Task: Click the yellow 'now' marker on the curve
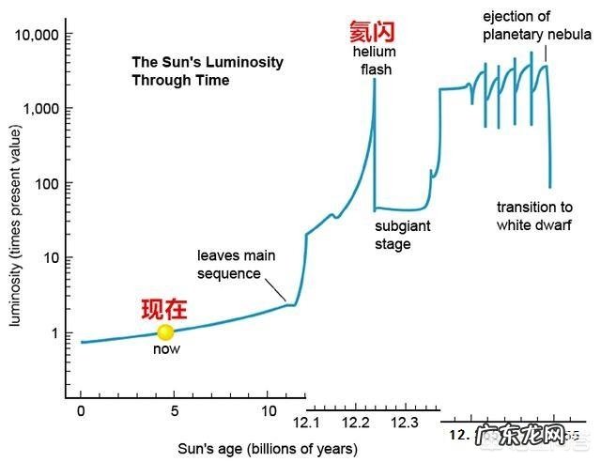[x=165, y=331]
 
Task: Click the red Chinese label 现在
[x=164, y=309]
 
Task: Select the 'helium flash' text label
[x=374, y=61]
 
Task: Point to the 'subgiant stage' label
[x=393, y=236]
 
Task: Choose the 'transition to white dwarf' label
[x=532, y=216]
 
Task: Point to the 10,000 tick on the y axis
[x=38, y=35]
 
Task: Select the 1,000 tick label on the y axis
[x=41, y=109]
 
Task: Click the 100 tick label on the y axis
[x=47, y=183]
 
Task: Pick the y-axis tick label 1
[x=55, y=332]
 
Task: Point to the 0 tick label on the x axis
[x=82, y=410]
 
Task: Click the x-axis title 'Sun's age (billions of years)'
[x=268, y=449]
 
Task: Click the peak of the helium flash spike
[x=374, y=80]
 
